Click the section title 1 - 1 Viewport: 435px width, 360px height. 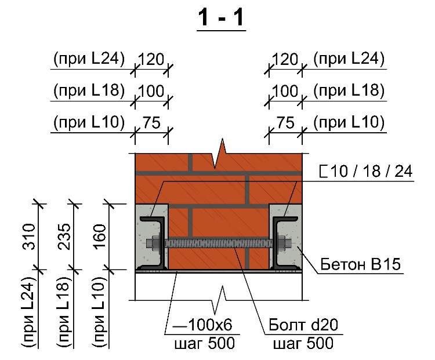click(x=221, y=19)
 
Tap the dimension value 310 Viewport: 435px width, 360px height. click(x=29, y=237)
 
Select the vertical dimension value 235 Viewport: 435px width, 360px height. click(x=64, y=237)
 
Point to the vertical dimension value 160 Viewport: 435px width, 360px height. click(x=100, y=237)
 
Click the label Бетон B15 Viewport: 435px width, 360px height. click(x=360, y=264)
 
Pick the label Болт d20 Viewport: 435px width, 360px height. click(x=303, y=325)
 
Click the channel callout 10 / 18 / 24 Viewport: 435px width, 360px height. click(x=366, y=171)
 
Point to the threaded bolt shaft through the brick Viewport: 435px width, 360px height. click(x=218, y=243)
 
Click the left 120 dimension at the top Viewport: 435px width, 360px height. click(x=151, y=59)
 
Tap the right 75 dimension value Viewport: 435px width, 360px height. click(x=285, y=122)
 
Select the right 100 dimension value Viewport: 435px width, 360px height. click(x=285, y=91)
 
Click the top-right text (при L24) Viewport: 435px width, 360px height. click(x=349, y=59)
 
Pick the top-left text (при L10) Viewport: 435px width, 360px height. click(x=89, y=122)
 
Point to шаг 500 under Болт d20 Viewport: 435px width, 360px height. click(x=303, y=343)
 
